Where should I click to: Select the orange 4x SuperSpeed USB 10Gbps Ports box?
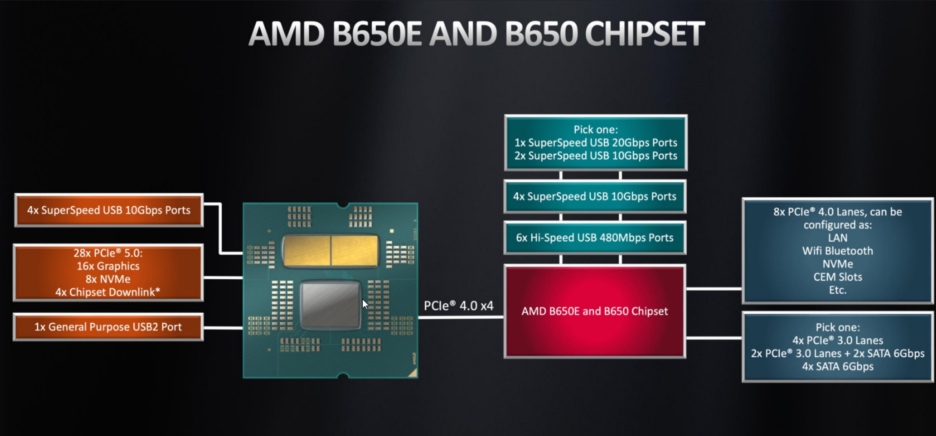(109, 210)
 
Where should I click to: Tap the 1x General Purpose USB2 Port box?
(108, 327)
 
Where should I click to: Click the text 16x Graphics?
(108, 266)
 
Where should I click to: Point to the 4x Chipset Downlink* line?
(108, 292)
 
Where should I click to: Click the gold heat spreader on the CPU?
(330, 251)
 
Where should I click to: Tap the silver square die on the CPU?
(330, 305)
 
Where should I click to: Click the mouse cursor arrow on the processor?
(365, 304)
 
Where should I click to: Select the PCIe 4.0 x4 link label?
(459, 306)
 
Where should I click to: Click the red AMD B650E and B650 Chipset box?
(595, 311)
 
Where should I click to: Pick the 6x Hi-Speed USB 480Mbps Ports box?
(595, 238)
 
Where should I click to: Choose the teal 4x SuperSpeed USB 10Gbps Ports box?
(595, 197)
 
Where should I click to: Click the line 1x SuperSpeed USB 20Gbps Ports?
(596, 143)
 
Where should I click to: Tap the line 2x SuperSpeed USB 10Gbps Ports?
(596, 156)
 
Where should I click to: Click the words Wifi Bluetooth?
(838, 251)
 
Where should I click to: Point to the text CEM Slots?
(838, 277)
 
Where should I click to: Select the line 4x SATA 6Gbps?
(838, 366)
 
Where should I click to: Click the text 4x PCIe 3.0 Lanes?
(838, 341)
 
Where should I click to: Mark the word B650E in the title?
(377, 33)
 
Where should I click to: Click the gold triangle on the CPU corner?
(413, 373)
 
